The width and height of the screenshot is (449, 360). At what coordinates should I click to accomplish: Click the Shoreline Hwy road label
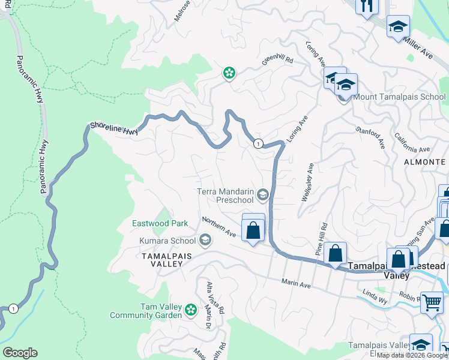coord(113,128)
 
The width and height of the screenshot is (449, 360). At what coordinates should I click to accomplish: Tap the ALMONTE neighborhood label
coord(424,162)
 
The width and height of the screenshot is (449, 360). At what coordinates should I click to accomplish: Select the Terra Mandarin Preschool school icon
coord(262,194)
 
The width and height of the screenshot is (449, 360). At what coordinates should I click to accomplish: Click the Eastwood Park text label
coord(160,223)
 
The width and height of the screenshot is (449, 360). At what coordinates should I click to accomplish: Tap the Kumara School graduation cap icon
coord(205,241)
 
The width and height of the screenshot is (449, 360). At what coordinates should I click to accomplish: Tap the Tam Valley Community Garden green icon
coord(191,310)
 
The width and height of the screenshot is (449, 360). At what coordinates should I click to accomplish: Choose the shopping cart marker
coord(431,302)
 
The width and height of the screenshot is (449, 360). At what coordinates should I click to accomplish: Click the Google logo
coord(20,353)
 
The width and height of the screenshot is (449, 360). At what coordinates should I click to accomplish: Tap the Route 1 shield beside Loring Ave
coord(258,143)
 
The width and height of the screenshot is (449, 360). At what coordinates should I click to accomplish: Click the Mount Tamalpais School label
coord(399,97)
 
